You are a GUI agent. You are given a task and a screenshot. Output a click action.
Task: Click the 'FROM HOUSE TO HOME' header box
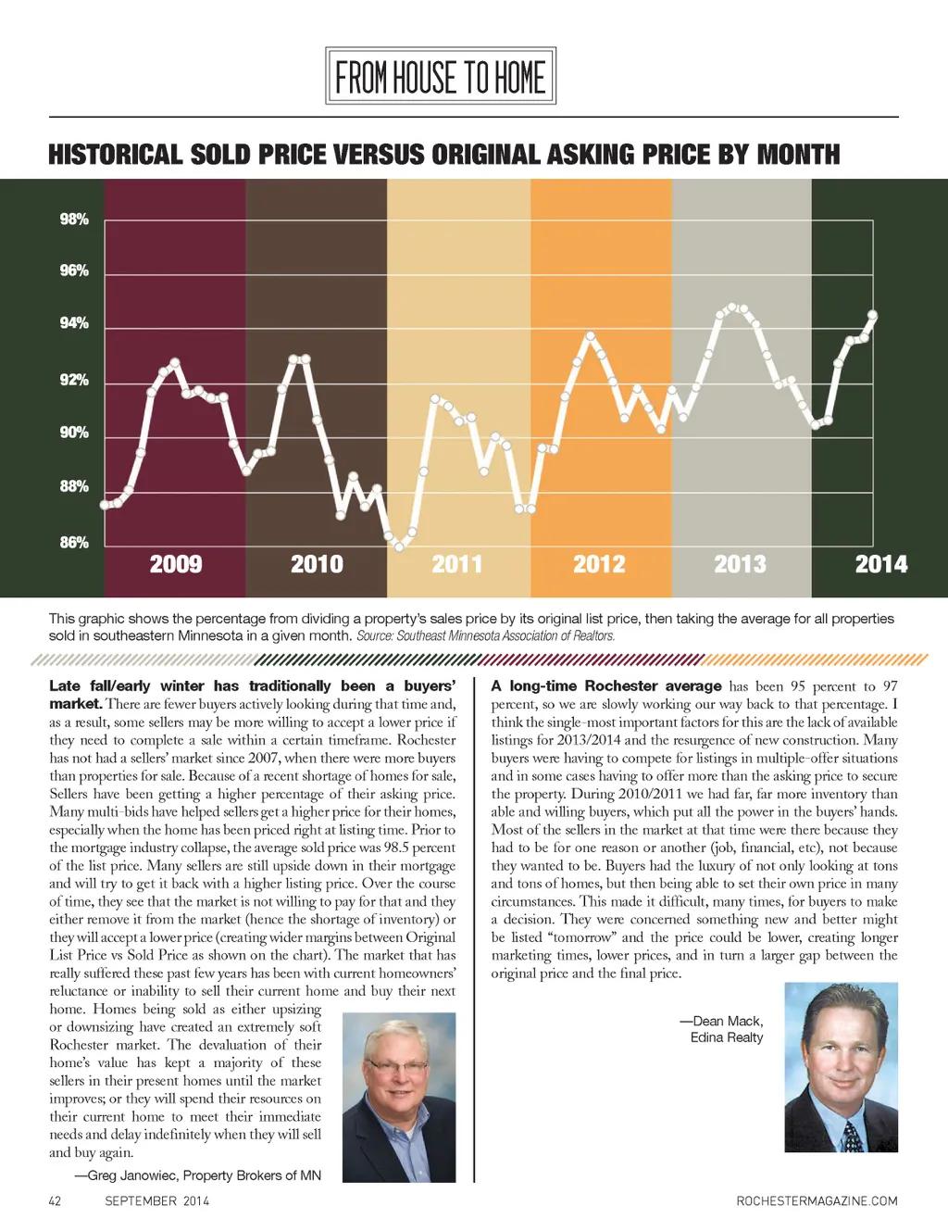click(x=441, y=77)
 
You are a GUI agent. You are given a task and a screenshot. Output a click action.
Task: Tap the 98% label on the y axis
click(x=74, y=220)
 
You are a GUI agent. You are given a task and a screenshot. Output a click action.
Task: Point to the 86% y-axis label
click(x=74, y=543)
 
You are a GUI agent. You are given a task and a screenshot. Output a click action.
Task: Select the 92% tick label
click(x=74, y=380)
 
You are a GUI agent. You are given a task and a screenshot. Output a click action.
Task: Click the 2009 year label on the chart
click(x=176, y=564)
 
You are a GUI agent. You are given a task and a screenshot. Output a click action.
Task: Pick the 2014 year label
click(x=880, y=564)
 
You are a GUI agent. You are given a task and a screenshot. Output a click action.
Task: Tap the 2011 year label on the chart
click(x=457, y=564)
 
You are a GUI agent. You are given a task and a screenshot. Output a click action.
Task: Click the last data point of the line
click(x=872, y=316)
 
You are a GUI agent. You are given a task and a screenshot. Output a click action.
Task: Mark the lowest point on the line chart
click(x=399, y=546)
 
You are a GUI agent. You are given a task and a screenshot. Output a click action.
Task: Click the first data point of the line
click(x=105, y=505)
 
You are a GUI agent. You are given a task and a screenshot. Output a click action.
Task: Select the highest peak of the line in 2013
click(x=732, y=307)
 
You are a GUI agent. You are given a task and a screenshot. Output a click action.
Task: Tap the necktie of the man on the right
click(x=853, y=1136)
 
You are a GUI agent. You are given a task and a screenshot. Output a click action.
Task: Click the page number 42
click(x=55, y=1201)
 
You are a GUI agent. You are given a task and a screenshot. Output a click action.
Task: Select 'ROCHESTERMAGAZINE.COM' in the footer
click(x=817, y=1201)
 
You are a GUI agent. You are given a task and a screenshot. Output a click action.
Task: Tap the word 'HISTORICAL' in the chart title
click(x=115, y=154)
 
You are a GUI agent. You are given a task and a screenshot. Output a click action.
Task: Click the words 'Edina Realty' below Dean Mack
click(x=727, y=1037)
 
